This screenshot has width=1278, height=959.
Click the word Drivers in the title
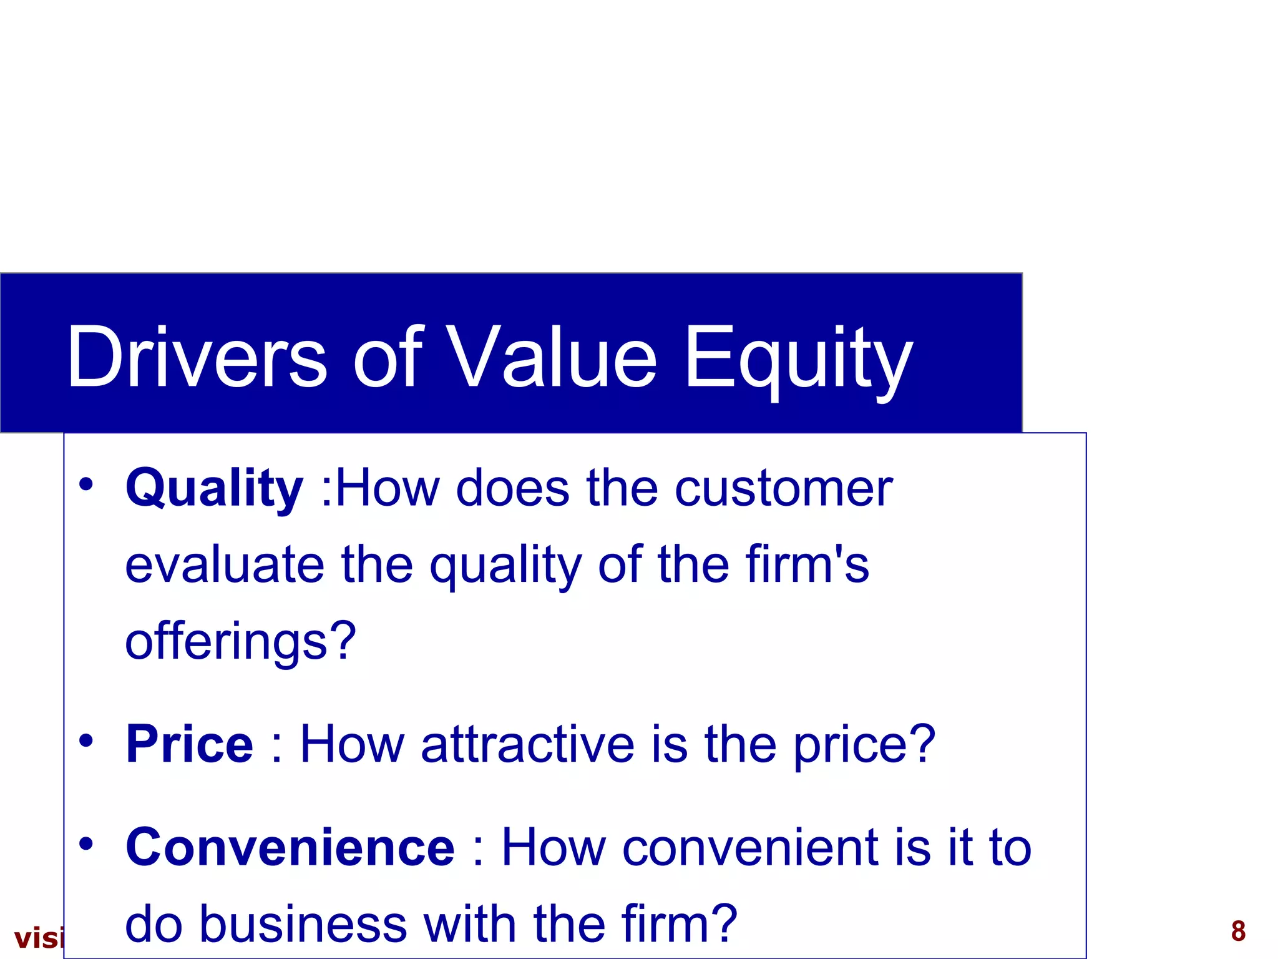197,357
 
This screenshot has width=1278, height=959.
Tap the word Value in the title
552,357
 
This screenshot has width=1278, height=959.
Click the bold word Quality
214,489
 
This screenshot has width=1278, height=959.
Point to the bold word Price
190,744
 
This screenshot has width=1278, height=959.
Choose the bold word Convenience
290,847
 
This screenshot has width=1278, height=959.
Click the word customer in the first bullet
784,489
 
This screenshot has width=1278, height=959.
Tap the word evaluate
225,565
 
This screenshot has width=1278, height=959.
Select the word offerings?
240,642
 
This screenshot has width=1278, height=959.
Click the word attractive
528,744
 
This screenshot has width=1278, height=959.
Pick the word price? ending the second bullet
864,745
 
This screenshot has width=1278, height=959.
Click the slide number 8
1238,931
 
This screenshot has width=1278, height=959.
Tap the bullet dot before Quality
86,484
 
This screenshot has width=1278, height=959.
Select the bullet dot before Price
86,740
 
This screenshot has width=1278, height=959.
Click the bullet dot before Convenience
86,843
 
